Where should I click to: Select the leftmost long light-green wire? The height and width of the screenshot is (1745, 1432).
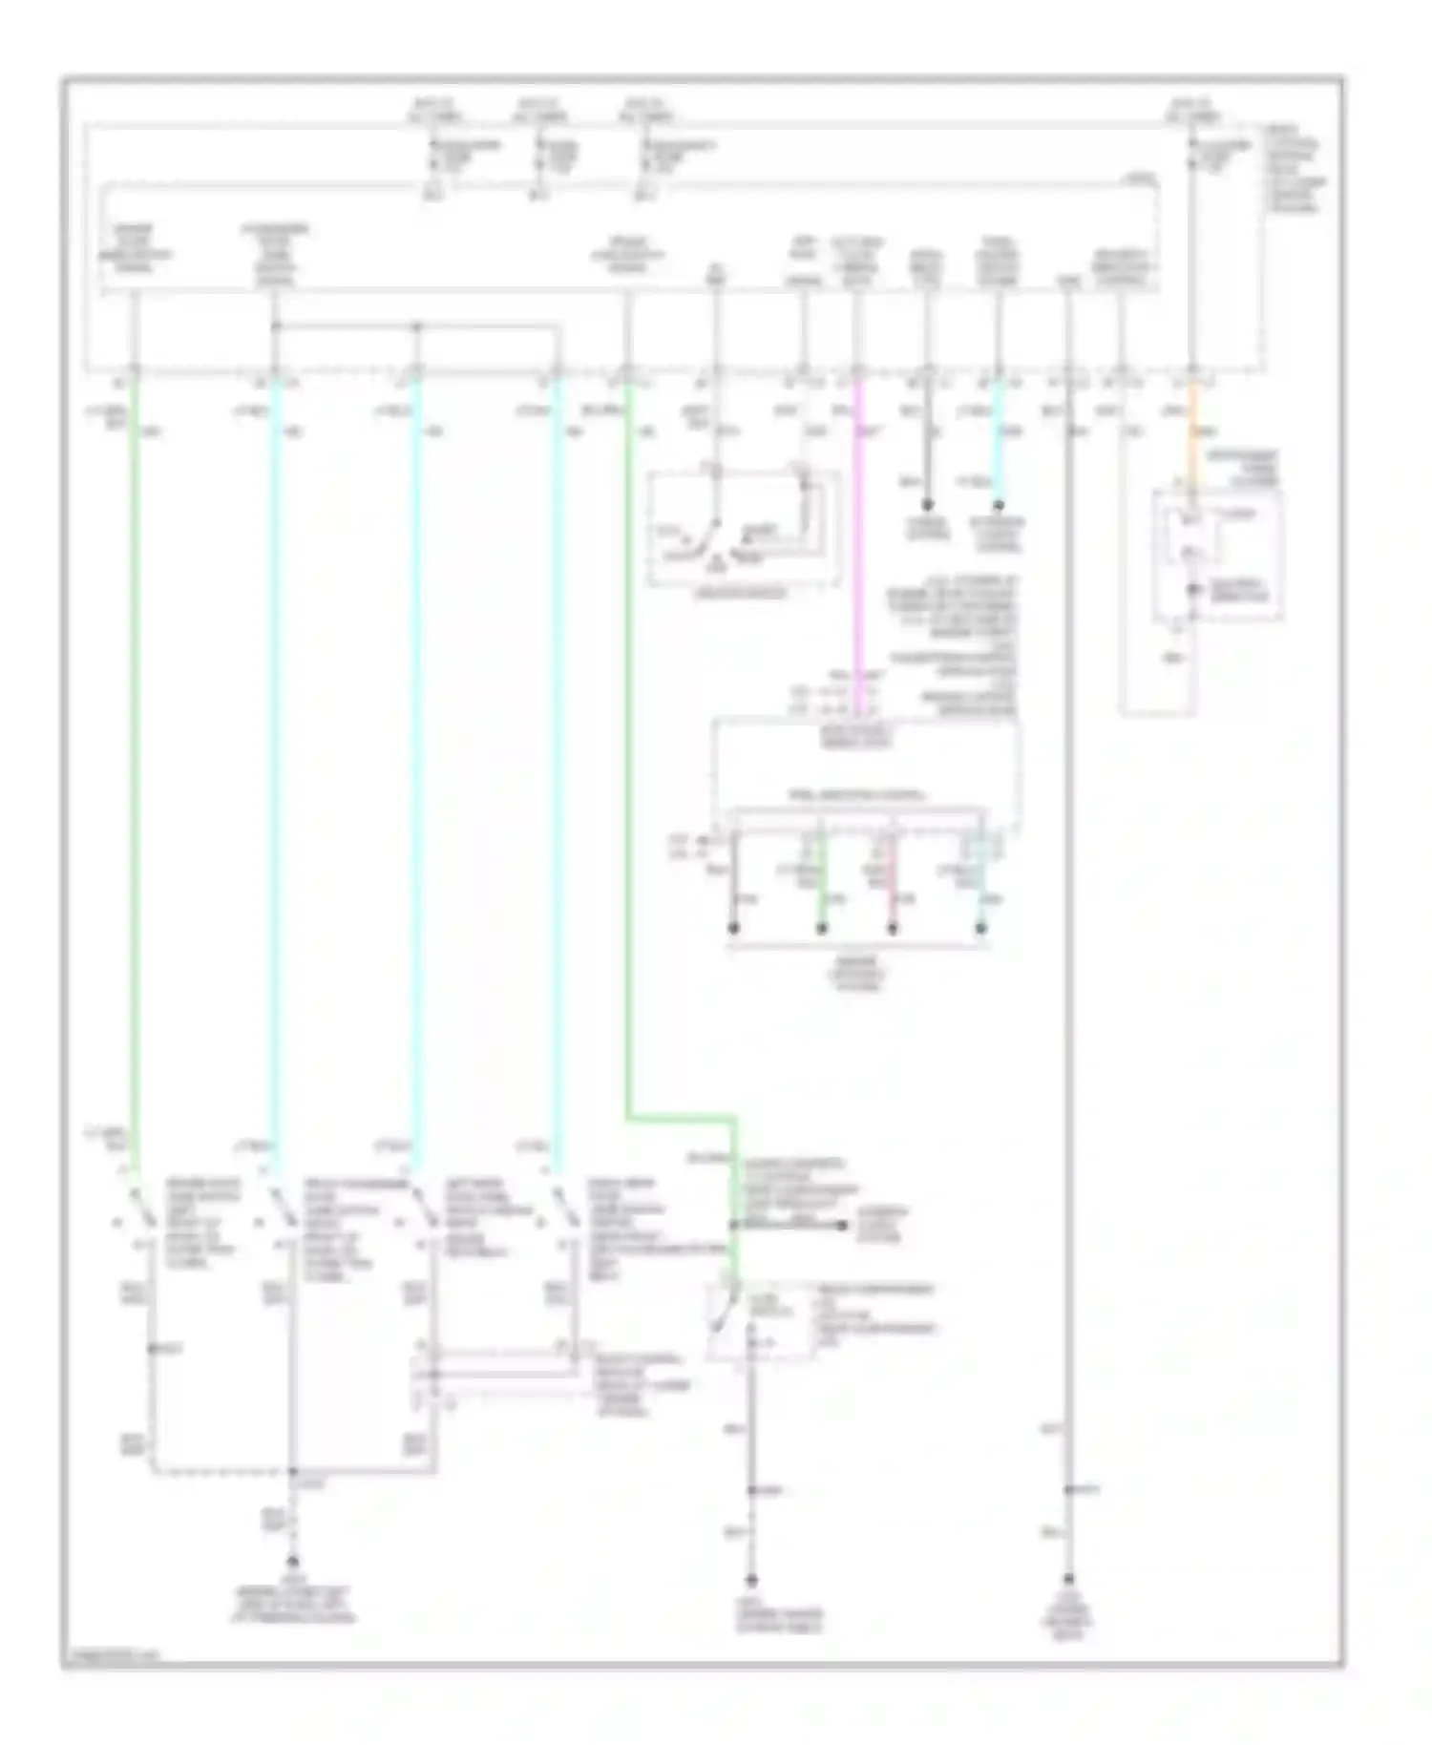(135, 764)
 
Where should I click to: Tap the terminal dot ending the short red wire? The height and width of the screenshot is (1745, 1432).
(892, 928)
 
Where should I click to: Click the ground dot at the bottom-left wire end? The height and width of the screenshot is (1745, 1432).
(293, 1563)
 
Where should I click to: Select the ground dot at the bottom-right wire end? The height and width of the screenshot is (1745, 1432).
(1068, 1579)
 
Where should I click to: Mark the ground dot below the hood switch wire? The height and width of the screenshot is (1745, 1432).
(751, 1579)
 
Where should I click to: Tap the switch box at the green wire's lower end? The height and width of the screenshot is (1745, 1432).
(761, 1322)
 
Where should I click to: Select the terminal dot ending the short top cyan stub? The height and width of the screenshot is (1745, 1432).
(998, 504)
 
